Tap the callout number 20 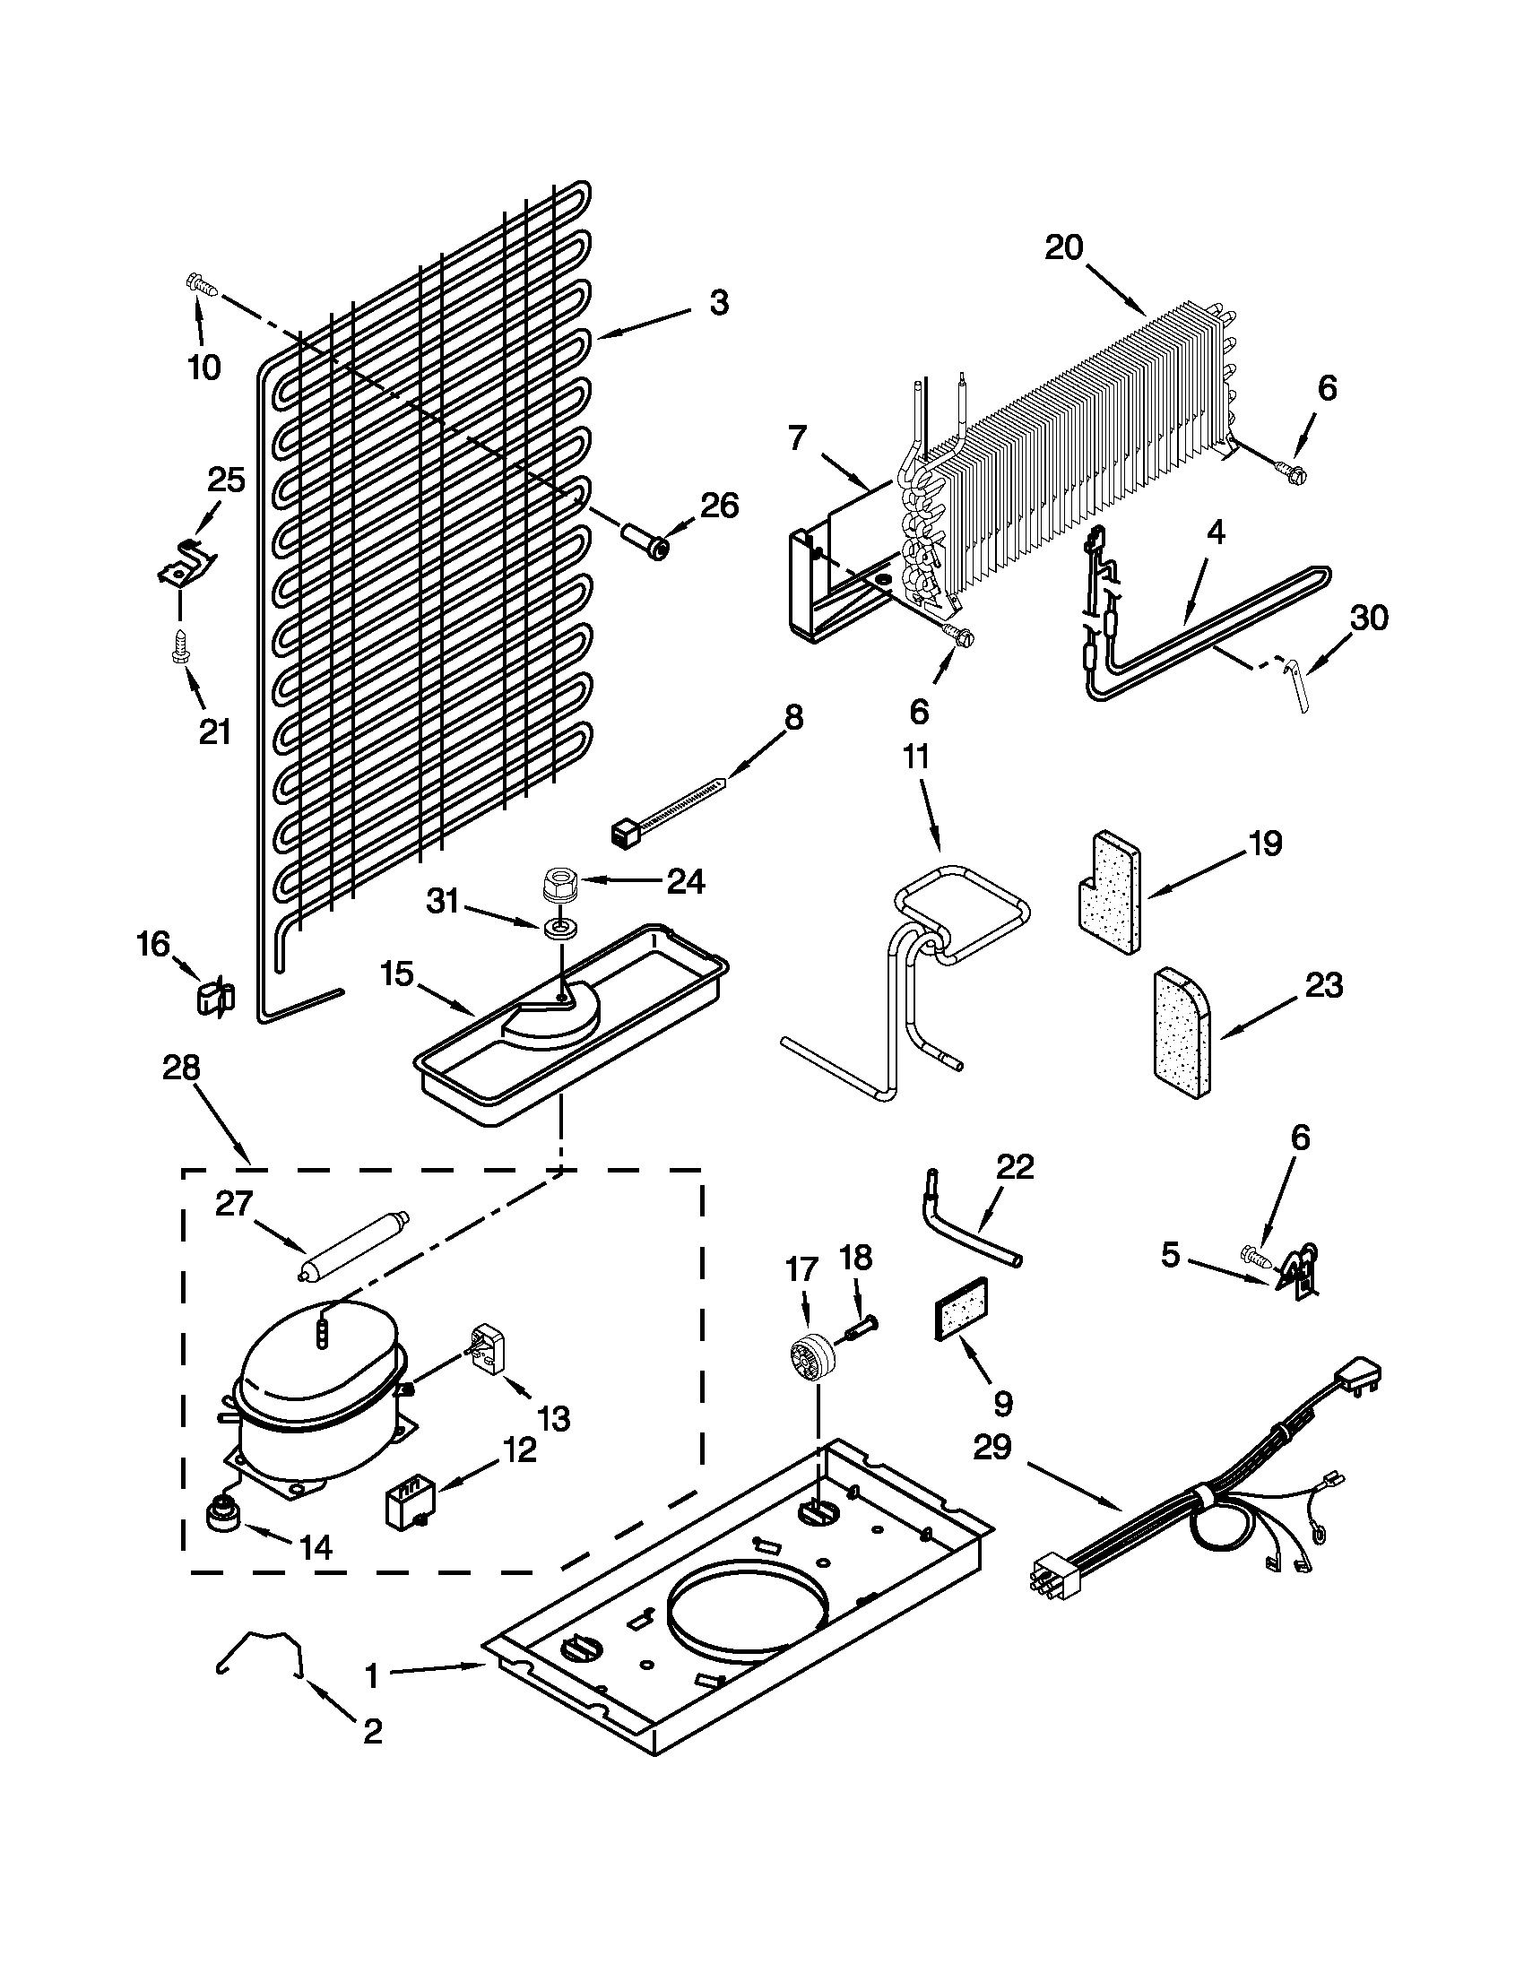(x=1063, y=247)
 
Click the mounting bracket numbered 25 (x=186, y=565)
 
